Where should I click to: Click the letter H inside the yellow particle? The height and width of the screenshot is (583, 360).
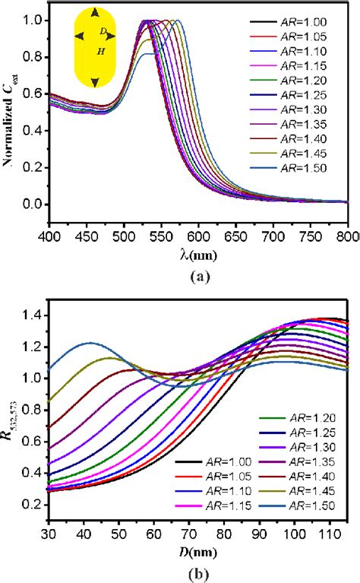click(100, 52)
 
